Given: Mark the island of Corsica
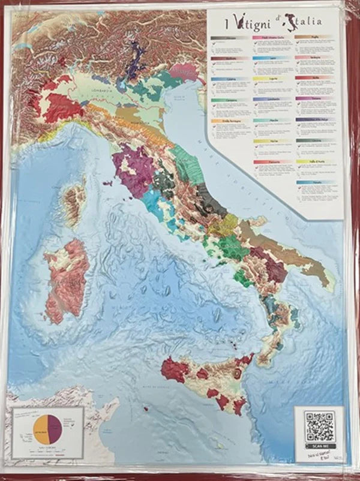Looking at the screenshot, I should (x=75, y=204).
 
